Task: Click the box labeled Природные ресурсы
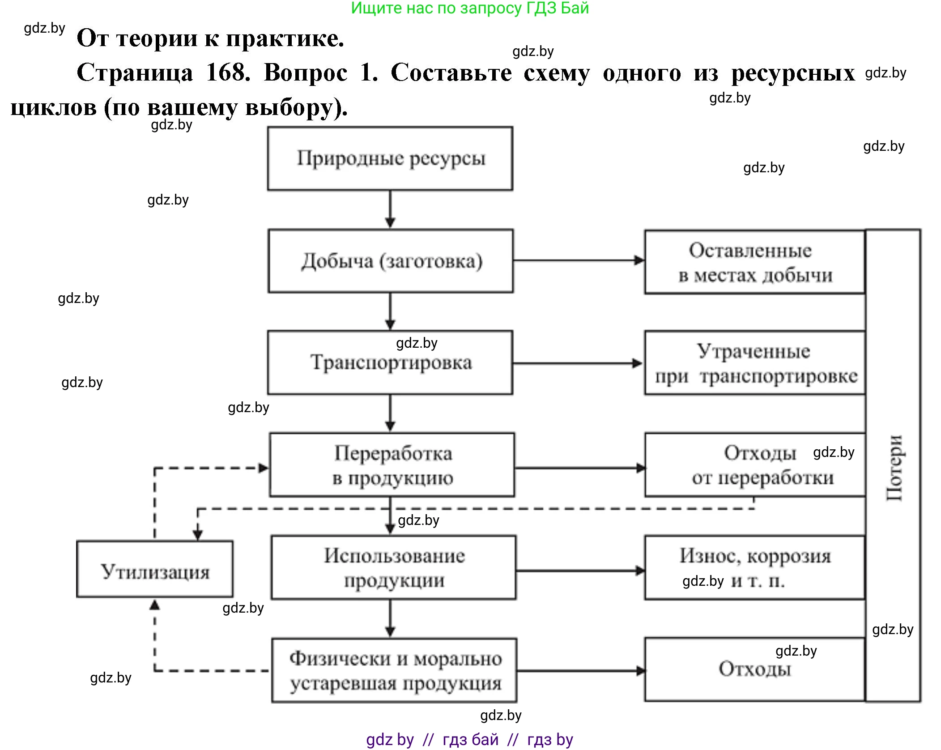390,158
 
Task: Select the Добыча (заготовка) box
391,261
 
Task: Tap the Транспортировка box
390,362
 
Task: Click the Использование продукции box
394,567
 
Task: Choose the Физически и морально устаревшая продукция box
395,670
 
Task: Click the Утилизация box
155,569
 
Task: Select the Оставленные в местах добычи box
755,262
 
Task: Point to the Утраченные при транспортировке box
755,363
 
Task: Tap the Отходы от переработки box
755,465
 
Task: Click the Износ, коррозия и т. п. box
755,567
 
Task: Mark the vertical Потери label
894,468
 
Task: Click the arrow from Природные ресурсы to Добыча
390,209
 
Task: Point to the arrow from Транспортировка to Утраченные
577,363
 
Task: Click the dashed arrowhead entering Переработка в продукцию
264,468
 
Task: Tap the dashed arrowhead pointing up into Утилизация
155,605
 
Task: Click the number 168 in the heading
228,72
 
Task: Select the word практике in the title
284,38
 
